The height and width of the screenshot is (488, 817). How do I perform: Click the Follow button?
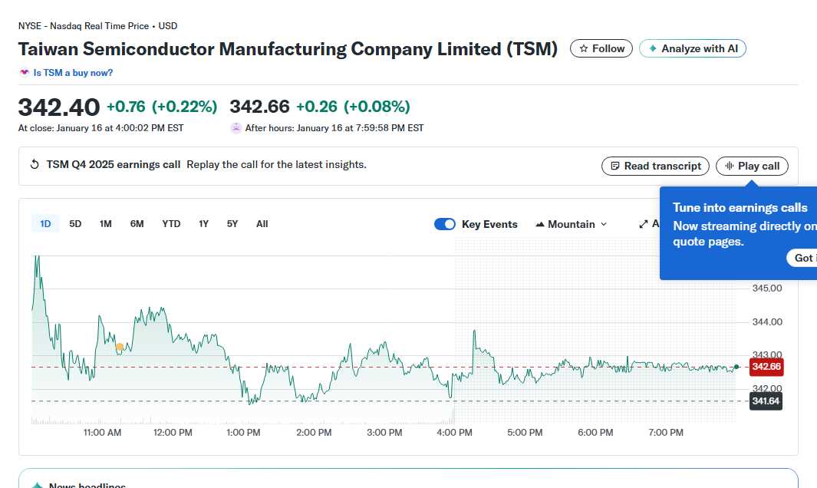click(x=601, y=48)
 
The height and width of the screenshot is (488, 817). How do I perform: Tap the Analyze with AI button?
click(x=692, y=48)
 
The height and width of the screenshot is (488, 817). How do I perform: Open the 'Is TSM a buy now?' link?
click(x=73, y=73)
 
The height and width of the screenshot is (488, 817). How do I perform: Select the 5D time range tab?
click(x=75, y=224)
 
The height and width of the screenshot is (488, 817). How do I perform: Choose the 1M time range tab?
click(x=106, y=224)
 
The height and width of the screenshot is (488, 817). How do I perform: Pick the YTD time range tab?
click(x=171, y=224)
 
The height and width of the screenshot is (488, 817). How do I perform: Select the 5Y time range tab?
click(x=232, y=224)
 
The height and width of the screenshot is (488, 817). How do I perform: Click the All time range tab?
click(x=262, y=224)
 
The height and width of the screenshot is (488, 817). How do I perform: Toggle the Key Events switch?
click(x=445, y=224)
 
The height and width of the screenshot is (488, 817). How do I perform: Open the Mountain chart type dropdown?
click(x=572, y=224)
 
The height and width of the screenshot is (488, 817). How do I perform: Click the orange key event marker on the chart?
click(x=120, y=347)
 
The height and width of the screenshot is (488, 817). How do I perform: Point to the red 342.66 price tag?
click(x=766, y=367)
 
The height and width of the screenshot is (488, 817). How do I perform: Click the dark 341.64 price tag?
click(x=766, y=401)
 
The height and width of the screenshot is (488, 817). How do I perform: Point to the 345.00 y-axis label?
click(x=766, y=289)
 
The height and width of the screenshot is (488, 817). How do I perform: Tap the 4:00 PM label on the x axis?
click(x=454, y=433)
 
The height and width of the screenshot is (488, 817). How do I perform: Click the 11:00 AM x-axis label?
click(x=102, y=433)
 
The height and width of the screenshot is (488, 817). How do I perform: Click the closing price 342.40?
click(x=59, y=107)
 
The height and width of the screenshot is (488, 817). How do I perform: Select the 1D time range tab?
click(x=45, y=224)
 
